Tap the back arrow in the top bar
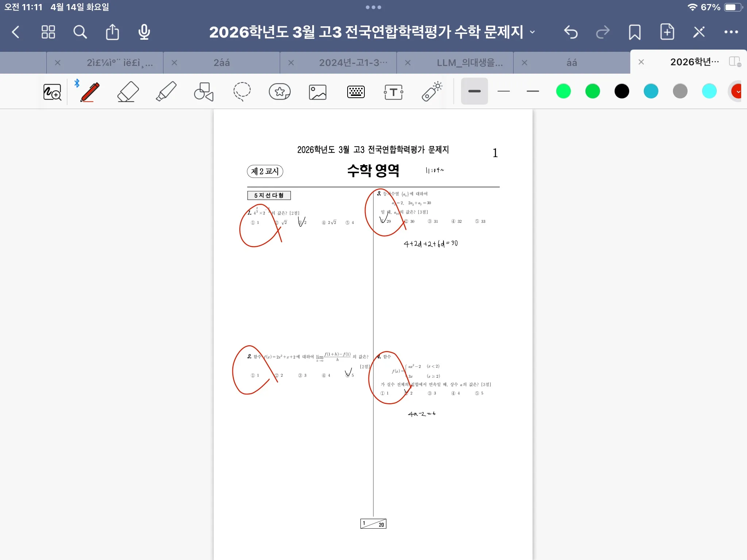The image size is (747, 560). coord(16,32)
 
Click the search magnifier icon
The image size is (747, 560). coord(80,32)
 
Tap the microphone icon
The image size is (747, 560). coord(144,32)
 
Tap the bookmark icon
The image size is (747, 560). coord(635,32)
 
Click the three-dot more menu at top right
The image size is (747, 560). coord(731,32)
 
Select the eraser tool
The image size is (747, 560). coord(128,92)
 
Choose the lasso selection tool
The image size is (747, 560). coord(241,92)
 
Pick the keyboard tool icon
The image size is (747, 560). coord(356,92)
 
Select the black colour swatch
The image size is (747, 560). coord(622,91)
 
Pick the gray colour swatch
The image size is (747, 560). coord(680,91)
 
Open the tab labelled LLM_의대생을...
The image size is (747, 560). coord(469,63)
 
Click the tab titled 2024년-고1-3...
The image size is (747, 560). coord(353,63)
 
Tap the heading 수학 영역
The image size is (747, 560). coord(373,170)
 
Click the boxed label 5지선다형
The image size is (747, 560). coord(269,195)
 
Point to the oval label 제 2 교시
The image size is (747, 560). coord(265,171)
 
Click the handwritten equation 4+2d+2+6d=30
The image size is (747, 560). coord(430,244)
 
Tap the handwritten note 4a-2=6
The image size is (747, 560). coord(422,414)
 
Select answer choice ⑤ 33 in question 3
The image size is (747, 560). coord(480,221)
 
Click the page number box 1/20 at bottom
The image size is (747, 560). coord(373,524)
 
